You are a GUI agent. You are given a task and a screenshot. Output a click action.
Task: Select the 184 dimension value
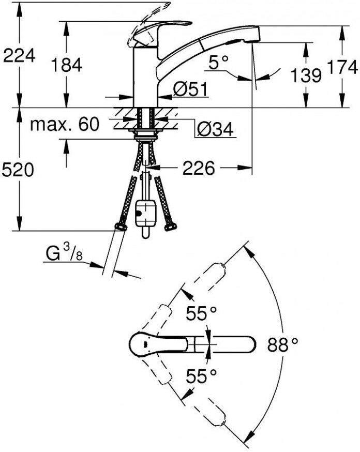pyautogui.click(x=67, y=65)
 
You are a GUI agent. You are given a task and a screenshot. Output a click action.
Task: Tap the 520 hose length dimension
pyautogui.click(x=18, y=169)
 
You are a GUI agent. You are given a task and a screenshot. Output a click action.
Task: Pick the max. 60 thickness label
pyautogui.click(x=65, y=125)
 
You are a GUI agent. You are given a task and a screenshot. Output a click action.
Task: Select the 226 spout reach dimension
pyautogui.click(x=199, y=168)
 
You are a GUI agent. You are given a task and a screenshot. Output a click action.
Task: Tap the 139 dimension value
pyautogui.click(x=305, y=76)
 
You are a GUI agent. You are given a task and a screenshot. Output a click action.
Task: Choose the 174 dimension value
pyautogui.click(x=344, y=67)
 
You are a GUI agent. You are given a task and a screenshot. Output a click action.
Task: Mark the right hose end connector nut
pyautogui.click(x=170, y=226)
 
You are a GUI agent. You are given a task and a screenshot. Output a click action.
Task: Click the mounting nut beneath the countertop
pyautogui.click(x=146, y=135)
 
